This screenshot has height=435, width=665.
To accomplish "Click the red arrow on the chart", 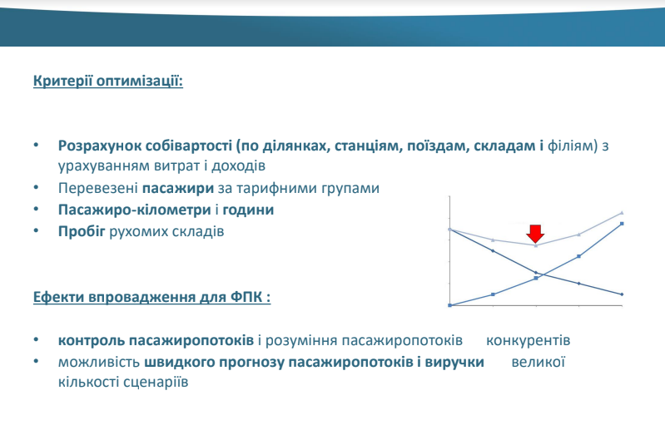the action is click(x=536, y=234).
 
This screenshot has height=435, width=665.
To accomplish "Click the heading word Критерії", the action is click(x=62, y=80).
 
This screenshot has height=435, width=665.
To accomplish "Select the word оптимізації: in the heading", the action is click(x=140, y=81).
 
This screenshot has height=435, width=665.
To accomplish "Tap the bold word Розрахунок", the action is click(x=100, y=146).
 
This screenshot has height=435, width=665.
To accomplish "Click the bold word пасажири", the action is click(x=178, y=188).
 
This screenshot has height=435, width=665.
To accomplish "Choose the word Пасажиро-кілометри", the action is click(x=135, y=210).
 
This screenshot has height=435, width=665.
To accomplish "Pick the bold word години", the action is click(x=248, y=210).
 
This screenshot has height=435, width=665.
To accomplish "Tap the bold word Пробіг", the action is click(x=82, y=231).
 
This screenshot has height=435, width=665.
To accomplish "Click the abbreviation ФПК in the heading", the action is click(x=246, y=297).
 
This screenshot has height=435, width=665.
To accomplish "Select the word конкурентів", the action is click(x=528, y=340).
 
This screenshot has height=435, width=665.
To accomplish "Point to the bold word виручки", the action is click(x=454, y=363).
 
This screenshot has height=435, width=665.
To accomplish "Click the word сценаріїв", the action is click(x=156, y=382).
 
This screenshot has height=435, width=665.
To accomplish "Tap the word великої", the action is click(x=538, y=362).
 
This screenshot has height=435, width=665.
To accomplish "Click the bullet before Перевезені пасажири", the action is click(x=36, y=187).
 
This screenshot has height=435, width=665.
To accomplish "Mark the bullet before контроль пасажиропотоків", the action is click(x=36, y=339).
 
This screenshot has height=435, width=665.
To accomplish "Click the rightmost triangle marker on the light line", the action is click(x=623, y=212).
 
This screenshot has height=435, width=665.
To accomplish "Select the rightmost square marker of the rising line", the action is click(x=623, y=224).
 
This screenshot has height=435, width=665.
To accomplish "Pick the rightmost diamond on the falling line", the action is click(x=623, y=294).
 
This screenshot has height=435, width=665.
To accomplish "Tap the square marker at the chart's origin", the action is click(x=450, y=305).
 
